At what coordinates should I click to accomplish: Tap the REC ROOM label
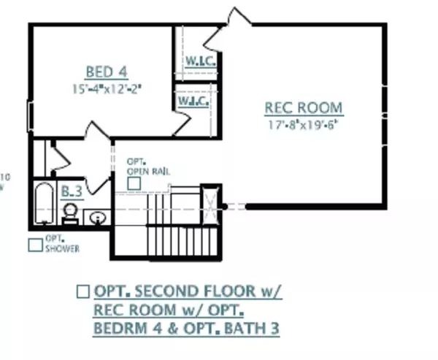(303, 108)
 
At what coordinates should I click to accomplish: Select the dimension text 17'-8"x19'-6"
(303, 123)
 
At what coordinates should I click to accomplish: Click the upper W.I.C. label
(199, 61)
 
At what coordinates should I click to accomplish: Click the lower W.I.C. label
(193, 101)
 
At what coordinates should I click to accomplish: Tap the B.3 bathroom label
(71, 191)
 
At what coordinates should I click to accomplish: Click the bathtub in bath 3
(44, 204)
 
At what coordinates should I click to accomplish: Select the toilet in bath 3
(70, 212)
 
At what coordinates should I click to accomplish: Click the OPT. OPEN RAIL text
(139, 166)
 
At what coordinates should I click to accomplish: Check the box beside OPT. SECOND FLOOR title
(83, 291)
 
